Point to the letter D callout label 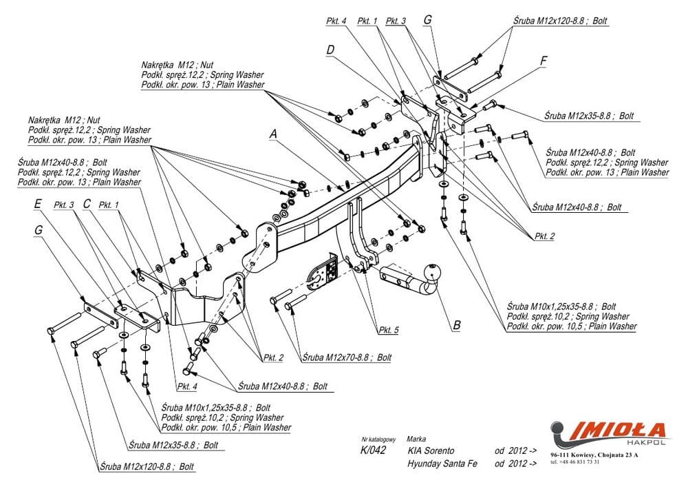[x=331, y=50]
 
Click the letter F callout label [x=544, y=61]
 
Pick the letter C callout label [x=87, y=204]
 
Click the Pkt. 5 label [x=387, y=331]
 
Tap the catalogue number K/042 [x=373, y=450]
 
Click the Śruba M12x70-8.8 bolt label [x=346, y=358]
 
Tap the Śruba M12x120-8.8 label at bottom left [x=146, y=466]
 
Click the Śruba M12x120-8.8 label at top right [x=559, y=21]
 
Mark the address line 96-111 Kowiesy [x=594, y=455]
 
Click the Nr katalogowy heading [x=379, y=439]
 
